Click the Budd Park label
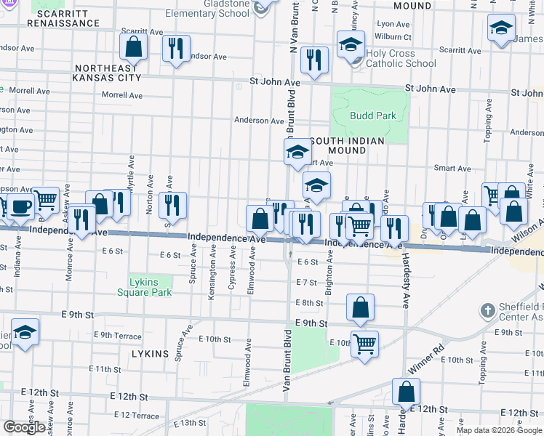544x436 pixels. [x=373, y=116]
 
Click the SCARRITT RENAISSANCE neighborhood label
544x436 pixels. [x=63, y=17]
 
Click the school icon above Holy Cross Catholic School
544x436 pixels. [x=351, y=44]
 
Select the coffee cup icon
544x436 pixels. [x=20, y=206]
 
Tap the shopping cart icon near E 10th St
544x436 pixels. [x=364, y=342]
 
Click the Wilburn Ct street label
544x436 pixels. [x=393, y=36]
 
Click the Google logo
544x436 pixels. [x=25, y=427]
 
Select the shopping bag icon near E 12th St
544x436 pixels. [x=406, y=392]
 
